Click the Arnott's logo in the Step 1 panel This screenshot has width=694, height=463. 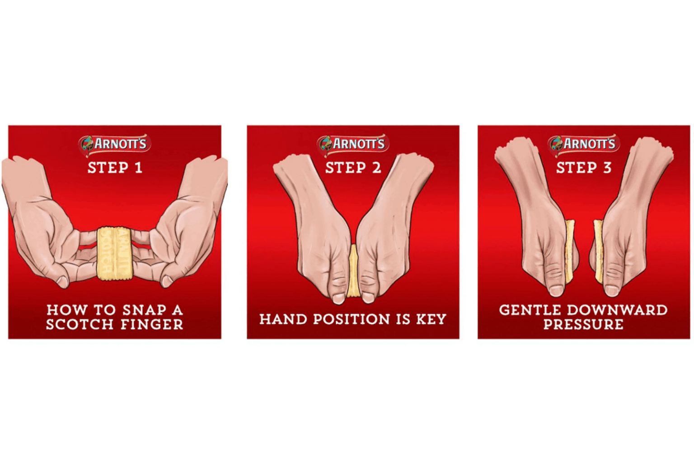(115, 144)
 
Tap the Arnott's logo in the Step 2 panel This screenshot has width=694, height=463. (353, 144)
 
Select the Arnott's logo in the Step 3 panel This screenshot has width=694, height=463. (584, 144)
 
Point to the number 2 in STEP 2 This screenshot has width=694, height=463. (376, 168)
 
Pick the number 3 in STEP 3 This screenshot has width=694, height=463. (607, 168)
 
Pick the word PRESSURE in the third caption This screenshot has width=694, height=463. (583, 324)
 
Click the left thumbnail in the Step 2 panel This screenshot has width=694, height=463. (338, 298)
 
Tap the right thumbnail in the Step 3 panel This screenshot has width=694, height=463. (611, 290)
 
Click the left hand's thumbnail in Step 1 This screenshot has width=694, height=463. (62, 281)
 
